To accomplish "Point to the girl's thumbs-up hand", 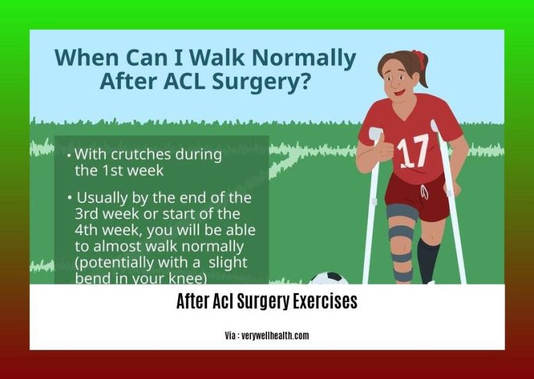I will tap(382, 148).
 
